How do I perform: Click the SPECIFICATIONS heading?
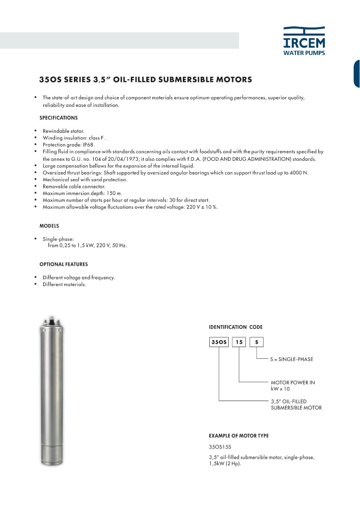(x=59, y=118)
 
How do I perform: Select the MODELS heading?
(x=49, y=225)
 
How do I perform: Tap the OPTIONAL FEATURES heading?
(x=64, y=264)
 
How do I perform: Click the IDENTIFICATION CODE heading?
(x=236, y=327)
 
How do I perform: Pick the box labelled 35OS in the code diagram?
(x=219, y=343)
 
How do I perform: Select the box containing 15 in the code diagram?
(x=239, y=343)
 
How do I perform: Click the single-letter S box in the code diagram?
(x=256, y=343)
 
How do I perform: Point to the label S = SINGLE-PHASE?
(x=292, y=359)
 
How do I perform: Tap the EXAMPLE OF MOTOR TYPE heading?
(x=239, y=436)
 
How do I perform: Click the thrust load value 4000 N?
(x=298, y=173)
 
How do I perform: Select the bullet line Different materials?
(x=64, y=285)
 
